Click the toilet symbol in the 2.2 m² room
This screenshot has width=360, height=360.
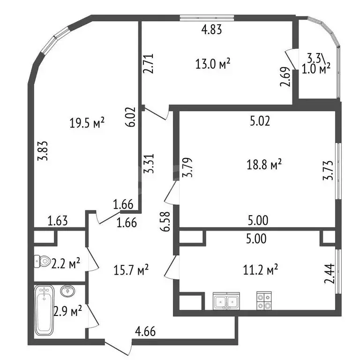[43, 261]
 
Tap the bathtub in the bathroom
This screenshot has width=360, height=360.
[44, 310]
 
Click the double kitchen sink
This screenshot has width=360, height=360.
[226, 301]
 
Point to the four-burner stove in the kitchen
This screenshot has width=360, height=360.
[264, 300]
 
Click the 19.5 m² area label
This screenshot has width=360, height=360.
[87, 123]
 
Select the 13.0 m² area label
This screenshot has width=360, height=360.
[213, 64]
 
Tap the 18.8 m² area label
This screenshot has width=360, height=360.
[264, 164]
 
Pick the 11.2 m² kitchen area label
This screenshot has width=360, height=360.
[260, 270]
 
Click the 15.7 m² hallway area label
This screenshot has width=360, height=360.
[131, 270]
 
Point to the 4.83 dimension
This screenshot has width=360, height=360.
[211, 30]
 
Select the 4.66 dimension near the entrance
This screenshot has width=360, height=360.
[145, 331]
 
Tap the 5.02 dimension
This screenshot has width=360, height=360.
[260, 121]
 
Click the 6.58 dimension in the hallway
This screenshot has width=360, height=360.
[165, 221]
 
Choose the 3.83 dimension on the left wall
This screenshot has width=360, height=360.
[43, 150]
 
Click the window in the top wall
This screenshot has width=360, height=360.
[207, 18]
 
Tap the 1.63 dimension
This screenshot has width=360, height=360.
[58, 221]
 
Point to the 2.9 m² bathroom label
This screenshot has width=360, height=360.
[67, 311]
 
